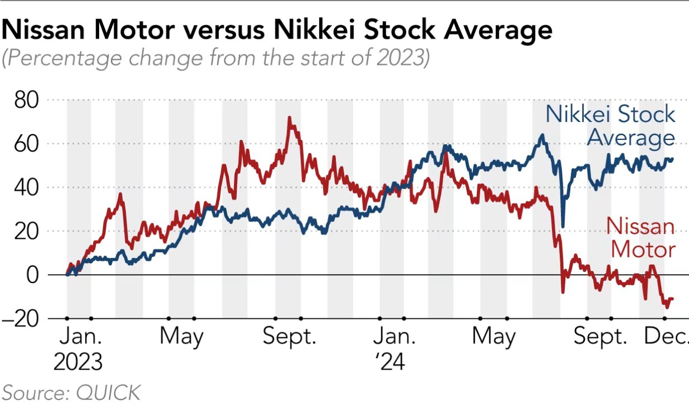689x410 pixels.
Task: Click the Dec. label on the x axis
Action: (x=667, y=337)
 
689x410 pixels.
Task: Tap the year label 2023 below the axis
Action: (x=78, y=362)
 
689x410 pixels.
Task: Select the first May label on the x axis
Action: (x=181, y=337)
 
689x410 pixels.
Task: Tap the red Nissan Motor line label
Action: (x=641, y=238)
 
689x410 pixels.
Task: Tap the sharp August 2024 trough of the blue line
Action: (x=563, y=226)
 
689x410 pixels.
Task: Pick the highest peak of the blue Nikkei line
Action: (x=542, y=135)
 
